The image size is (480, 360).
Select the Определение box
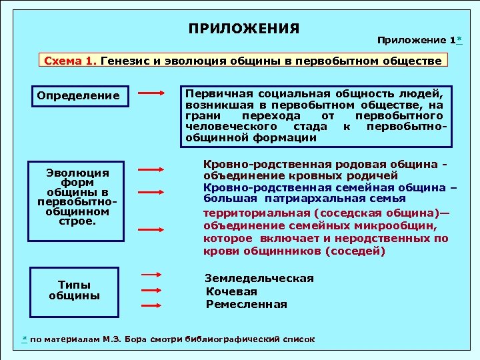[x=79, y=96]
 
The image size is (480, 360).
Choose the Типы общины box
[x=75, y=290]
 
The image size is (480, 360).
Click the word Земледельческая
[x=259, y=279]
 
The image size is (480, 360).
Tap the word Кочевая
[x=231, y=291]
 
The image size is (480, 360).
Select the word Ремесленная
[x=246, y=305]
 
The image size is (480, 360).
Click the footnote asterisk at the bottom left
[x=25, y=339]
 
